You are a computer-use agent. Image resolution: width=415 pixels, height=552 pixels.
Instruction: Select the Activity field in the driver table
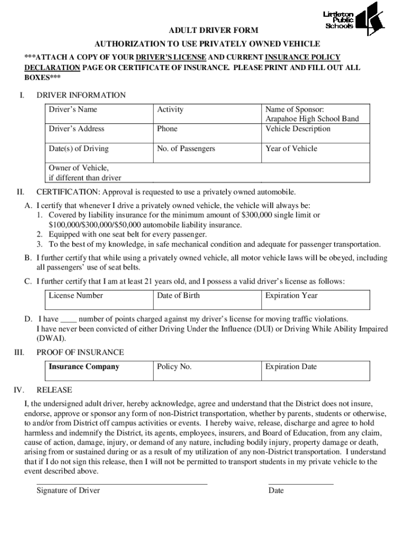coord(207,114)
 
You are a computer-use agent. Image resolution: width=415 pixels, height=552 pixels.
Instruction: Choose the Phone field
coord(207,133)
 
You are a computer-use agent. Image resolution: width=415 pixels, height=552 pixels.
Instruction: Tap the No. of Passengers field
coord(207,153)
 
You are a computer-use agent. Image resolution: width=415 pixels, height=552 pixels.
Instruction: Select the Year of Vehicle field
coord(316,153)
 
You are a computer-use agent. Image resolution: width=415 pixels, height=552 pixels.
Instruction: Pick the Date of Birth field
coord(207,300)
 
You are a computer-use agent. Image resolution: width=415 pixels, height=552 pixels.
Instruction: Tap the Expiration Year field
coord(316,300)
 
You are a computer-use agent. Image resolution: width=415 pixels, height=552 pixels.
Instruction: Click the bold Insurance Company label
coord(84,367)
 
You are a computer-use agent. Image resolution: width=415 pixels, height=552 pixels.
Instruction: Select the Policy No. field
coord(207,371)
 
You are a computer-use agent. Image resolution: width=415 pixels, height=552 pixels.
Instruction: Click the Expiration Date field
coord(316,371)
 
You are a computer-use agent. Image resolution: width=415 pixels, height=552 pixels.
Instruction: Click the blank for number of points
coord(68,320)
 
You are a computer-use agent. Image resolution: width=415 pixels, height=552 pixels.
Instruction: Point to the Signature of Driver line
coord(122,484)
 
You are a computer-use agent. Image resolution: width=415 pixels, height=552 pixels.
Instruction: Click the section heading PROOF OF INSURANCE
coord(80,352)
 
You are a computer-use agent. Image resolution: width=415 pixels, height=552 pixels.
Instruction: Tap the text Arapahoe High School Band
coord(312,119)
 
